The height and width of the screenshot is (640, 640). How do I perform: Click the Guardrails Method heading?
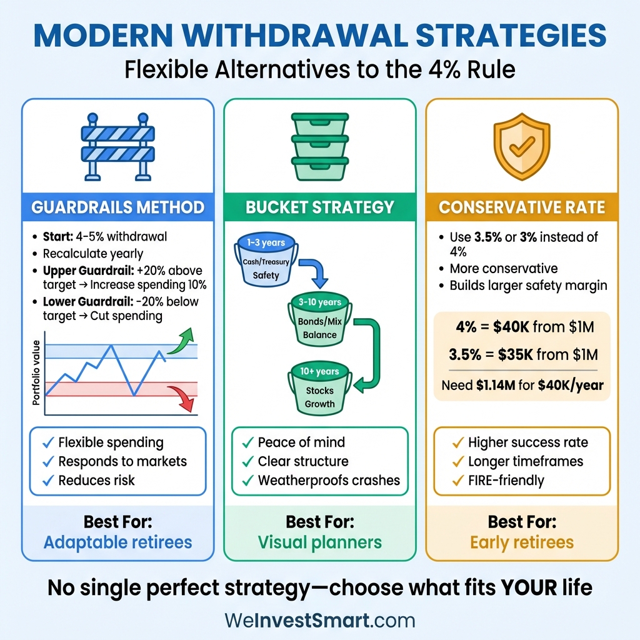117,207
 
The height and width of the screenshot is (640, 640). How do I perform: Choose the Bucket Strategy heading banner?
319,207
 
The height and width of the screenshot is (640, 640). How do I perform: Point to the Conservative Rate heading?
522,207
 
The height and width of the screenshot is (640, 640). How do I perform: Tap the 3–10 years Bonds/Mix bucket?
320,320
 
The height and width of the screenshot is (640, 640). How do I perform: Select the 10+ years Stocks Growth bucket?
320,389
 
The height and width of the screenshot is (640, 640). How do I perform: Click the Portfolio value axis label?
36,372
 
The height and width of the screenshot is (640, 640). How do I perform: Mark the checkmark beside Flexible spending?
47,443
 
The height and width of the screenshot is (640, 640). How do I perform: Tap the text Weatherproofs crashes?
329,481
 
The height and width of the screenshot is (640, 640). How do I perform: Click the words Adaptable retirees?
117,542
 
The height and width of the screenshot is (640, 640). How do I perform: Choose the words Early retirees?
522,542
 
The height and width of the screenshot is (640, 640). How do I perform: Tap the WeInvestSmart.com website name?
319,621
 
